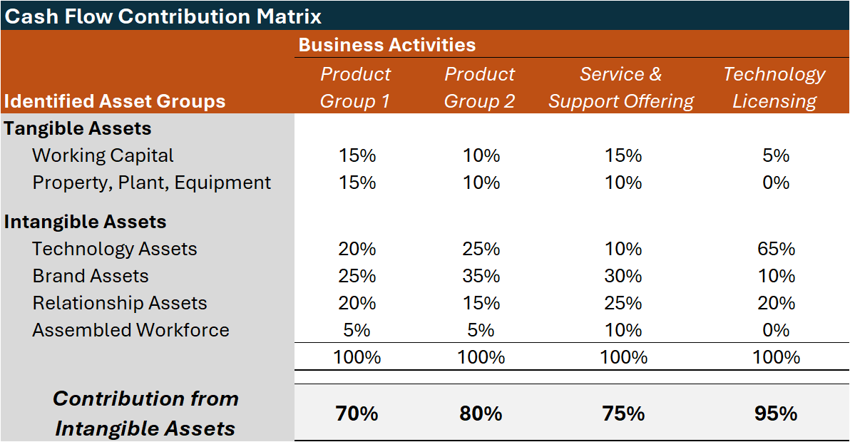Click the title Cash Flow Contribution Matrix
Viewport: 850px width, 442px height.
point(163,16)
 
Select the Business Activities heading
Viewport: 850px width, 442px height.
point(386,45)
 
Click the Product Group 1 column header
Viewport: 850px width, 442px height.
point(356,88)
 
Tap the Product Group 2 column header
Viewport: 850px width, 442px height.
point(479,88)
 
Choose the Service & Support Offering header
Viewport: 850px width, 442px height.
point(621,88)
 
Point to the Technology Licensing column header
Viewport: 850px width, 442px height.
point(774,88)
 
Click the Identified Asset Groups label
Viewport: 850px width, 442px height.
point(115,101)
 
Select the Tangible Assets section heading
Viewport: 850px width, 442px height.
point(78,128)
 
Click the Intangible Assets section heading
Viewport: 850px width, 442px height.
point(85,222)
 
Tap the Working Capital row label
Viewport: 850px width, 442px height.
point(103,155)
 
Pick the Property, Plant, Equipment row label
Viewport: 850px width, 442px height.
point(151,183)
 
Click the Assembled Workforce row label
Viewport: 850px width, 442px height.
point(130,330)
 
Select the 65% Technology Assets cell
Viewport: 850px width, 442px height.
point(776,249)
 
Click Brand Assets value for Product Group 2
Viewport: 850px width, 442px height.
point(481,276)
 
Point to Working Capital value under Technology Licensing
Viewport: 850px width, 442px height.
point(776,155)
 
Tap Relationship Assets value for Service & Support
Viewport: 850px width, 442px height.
point(623,303)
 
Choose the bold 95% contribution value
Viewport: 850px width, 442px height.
point(775,413)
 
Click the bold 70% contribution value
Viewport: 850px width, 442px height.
point(357,413)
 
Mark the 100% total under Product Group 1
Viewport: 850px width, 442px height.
point(357,357)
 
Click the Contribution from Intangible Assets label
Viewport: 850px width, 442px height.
point(145,413)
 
